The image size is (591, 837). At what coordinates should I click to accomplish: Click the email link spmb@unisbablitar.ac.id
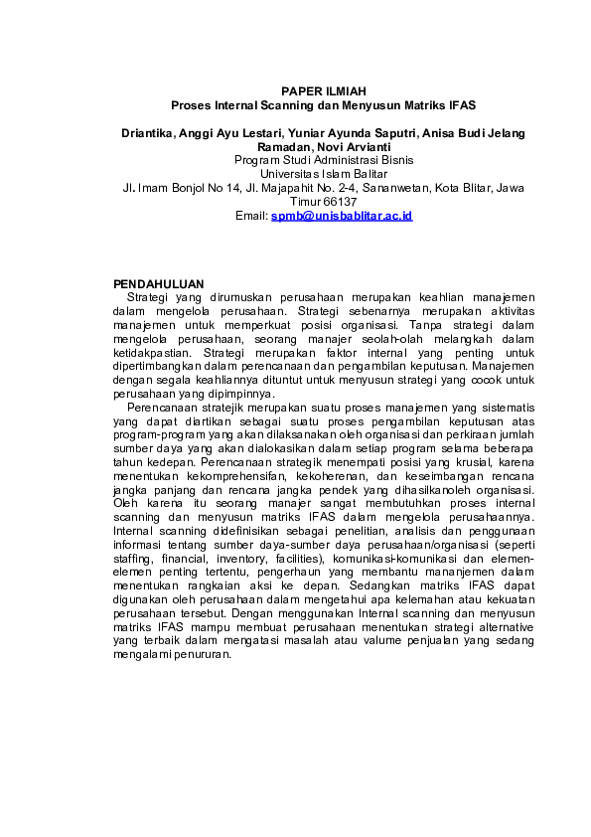pyautogui.click(x=342, y=216)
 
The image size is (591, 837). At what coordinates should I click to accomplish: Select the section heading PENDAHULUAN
pyautogui.click(x=159, y=284)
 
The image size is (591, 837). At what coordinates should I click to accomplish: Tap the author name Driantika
pyautogui.click(x=148, y=132)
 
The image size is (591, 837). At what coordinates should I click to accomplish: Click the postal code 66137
pyautogui.click(x=338, y=201)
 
